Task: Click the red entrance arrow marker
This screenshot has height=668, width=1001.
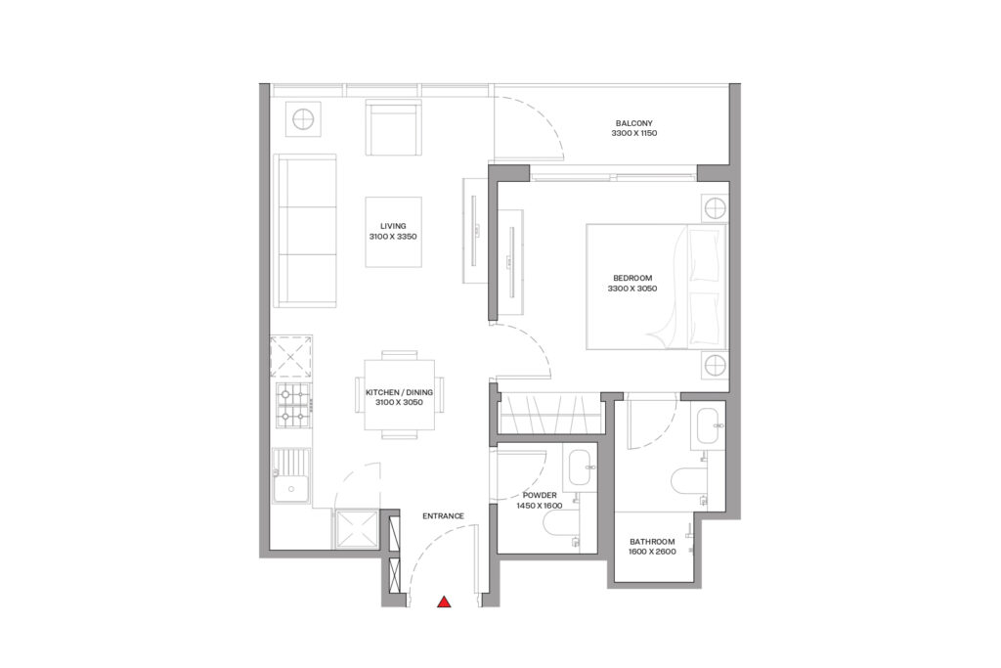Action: coord(444,602)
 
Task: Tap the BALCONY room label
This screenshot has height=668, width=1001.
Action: coord(633,122)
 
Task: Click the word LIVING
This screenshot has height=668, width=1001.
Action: coord(393,226)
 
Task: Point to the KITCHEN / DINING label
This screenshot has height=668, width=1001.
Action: coord(399,391)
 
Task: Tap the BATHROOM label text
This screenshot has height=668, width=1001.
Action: coord(652,541)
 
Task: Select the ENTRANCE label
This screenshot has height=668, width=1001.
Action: coord(442,515)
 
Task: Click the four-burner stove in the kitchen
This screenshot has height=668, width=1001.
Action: coord(293,405)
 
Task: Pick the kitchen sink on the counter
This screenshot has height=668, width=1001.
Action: coord(291,476)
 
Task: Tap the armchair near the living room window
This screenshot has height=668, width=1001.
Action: coord(394,127)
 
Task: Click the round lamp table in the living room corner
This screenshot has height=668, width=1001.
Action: coord(303,120)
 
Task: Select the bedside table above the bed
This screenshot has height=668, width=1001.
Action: coord(715,208)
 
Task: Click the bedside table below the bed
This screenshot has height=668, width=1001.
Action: coord(715,366)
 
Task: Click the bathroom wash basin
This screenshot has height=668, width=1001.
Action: coord(709,425)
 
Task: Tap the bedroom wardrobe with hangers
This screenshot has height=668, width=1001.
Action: coord(547,412)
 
